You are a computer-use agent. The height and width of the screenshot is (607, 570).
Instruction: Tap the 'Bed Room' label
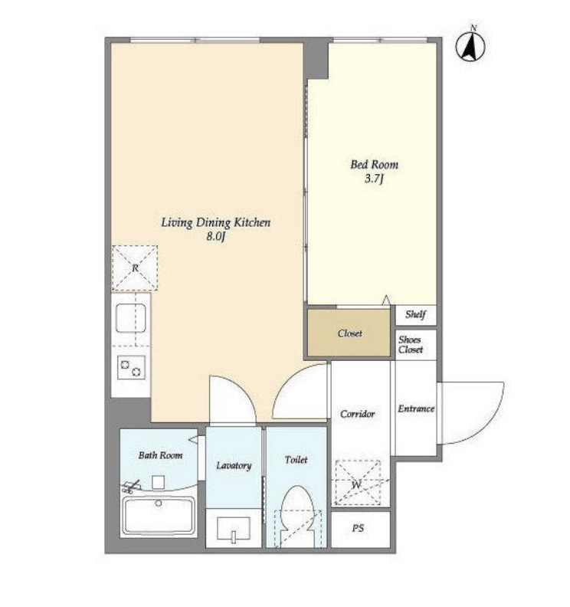click(374, 165)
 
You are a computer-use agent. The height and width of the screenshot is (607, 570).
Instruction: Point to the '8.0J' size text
click(215, 236)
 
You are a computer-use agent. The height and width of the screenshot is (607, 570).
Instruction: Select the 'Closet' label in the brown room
click(350, 333)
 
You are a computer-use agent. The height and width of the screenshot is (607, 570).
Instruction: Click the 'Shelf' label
click(415, 314)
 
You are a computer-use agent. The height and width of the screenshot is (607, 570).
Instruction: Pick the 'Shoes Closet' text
click(411, 345)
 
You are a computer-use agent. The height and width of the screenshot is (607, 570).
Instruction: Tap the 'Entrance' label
click(416, 408)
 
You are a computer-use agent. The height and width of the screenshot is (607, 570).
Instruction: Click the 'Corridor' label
click(358, 414)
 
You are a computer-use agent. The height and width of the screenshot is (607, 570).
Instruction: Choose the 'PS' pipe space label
click(358, 528)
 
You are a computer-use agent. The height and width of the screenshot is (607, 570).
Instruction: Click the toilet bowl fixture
click(296, 516)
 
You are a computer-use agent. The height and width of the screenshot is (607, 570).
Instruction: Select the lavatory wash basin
click(234, 529)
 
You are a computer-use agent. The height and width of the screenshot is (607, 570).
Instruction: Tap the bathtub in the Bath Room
click(159, 516)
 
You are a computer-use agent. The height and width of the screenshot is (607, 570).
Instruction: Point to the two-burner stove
click(131, 367)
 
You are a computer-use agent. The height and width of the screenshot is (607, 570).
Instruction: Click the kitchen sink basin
click(131, 318)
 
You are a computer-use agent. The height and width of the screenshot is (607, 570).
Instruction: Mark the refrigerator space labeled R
click(135, 268)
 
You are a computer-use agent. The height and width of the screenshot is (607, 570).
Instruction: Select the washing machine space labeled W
click(358, 483)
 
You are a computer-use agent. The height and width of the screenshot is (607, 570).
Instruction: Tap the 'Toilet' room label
click(296, 460)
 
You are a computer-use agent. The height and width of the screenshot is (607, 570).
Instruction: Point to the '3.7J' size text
click(374, 179)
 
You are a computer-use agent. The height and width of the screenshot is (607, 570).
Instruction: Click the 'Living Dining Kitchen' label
click(215, 222)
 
